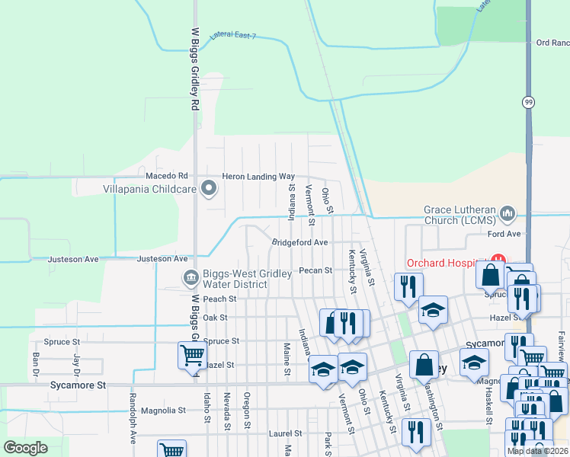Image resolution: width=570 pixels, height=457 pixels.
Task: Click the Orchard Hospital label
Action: [447, 264]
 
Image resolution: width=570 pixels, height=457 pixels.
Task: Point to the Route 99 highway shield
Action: [527, 101]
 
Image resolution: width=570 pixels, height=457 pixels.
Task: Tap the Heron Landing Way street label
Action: [258, 177]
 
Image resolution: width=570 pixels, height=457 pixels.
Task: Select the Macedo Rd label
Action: [171, 176]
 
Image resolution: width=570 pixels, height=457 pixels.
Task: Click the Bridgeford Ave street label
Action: [299, 243]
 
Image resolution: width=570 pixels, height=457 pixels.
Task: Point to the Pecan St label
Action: [315, 270]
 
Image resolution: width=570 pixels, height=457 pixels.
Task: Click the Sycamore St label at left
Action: [80, 385]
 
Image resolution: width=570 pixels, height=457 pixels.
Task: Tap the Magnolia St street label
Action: [164, 411]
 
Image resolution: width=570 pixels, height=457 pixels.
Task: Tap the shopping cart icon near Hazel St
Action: [191, 354]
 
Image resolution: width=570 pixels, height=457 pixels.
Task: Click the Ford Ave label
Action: [503, 234]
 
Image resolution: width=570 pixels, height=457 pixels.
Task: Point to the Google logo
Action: [26, 448]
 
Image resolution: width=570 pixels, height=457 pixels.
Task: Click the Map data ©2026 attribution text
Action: [537, 451]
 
